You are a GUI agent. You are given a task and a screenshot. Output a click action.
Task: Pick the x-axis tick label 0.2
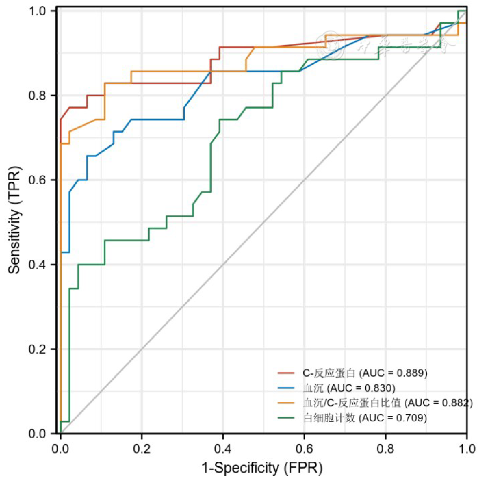point(142,448)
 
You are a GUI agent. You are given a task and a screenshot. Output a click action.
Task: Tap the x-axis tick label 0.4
point(223,448)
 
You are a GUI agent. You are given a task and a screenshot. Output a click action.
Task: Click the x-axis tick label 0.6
point(304,448)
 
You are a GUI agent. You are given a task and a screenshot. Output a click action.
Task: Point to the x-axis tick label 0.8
point(386,448)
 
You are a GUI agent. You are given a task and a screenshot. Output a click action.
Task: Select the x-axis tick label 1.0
point(466,448)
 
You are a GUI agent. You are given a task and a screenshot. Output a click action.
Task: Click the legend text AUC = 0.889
point(393,372)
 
